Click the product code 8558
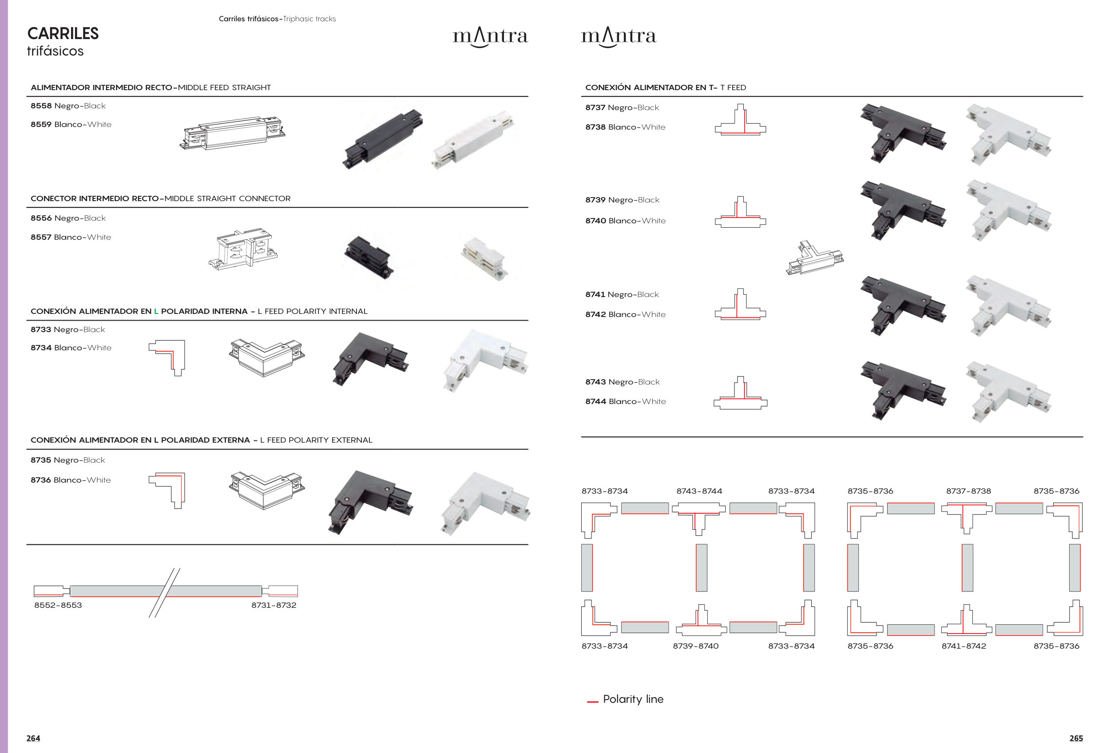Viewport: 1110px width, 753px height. (41, 106)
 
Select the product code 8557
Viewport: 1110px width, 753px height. (41, 237)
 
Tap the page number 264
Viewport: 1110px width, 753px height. (33, 738)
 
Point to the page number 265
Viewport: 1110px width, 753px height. (1076, 738)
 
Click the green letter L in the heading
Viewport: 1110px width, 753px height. (156, 311)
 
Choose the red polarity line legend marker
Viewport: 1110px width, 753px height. (593, 701)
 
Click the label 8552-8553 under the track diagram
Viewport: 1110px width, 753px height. (58, 605)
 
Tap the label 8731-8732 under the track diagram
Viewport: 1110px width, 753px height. (274, 605)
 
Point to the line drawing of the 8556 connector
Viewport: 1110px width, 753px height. (243, 249)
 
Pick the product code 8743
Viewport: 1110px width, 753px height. (595, 382)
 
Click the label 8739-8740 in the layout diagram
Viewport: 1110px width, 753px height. (695, 646)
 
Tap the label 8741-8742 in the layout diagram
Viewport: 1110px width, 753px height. (964, 646)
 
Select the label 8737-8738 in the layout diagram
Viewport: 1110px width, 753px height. (969, 491)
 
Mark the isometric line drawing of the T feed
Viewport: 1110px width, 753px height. (815, 258)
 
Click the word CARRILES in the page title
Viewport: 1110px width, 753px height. (63, 33)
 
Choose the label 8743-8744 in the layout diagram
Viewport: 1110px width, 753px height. (699, 491)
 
